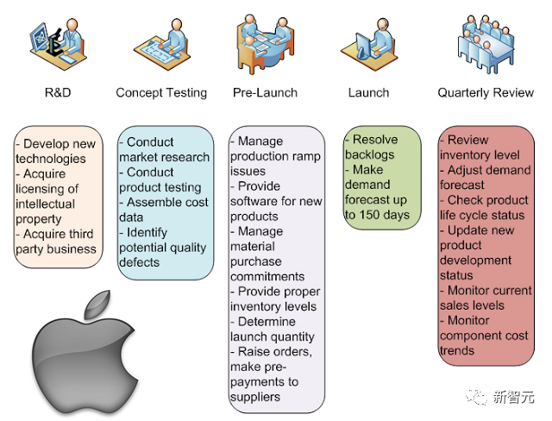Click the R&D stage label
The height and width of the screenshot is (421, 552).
(58, 92)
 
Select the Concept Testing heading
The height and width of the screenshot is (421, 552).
(161, 93)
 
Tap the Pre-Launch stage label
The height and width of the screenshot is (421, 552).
(265, 92)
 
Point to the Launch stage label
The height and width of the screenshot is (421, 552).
(368, 92)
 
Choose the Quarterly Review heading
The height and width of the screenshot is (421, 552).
(486, 93)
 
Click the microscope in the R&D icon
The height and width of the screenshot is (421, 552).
(55, 43)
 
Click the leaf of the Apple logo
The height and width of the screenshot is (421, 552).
(97, 305)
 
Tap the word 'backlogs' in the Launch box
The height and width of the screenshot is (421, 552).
(370, 155)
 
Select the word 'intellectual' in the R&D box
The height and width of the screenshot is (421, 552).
(45, 204)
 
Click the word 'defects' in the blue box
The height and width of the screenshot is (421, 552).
(140, 262)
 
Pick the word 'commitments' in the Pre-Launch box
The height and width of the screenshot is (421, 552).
(267, 277)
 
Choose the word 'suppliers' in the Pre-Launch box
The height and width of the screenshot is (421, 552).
(255, 398)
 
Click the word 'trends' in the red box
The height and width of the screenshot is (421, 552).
(457, 350)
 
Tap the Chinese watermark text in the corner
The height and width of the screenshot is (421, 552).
(513, 397)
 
